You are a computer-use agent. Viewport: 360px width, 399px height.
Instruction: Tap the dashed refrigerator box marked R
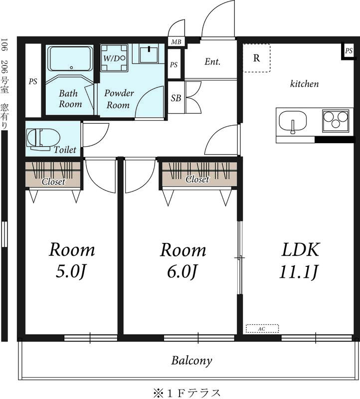256,58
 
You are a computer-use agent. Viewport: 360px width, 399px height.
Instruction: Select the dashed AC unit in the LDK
262,329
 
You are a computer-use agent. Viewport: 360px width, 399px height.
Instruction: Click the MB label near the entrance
176,42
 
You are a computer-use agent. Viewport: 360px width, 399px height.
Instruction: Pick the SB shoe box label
176,98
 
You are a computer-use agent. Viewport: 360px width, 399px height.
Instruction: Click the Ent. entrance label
212,62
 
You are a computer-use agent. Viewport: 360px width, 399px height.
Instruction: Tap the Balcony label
192,360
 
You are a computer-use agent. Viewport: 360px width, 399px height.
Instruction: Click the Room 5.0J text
71,260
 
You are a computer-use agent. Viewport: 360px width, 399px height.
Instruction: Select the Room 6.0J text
182,260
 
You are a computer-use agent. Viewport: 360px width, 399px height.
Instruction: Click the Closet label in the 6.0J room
197,180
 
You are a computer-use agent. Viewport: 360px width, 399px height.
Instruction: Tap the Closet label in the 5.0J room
53,182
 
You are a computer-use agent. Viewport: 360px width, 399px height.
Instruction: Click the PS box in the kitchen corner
348,51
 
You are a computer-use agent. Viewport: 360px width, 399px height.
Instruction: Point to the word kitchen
304,84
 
